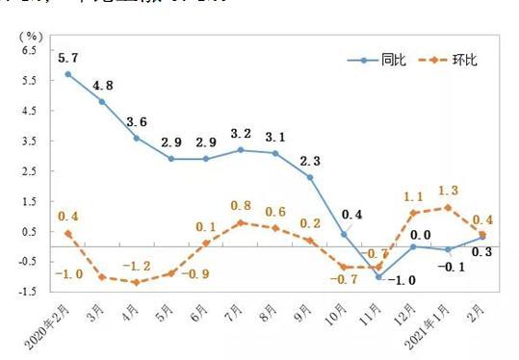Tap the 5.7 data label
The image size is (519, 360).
coord(67,57)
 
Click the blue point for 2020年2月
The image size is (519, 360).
coord(67,74)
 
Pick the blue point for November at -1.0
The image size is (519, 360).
coord(379,277)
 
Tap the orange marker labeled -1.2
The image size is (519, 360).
coord(136,282)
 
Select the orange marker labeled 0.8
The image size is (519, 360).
coord(241,222)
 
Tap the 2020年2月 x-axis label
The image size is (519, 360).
coord(48,322)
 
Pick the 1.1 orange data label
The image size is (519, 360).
coord(415,194)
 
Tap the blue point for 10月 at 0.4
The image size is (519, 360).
coord(345,234)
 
